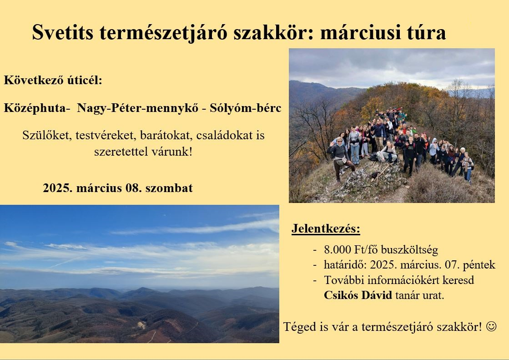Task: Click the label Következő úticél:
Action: pyautogui.click(x=53, y=80)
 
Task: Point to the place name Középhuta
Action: pyautogui.click(x=35, y=108)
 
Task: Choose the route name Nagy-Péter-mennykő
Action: pyautogui.click(x=138, y=108)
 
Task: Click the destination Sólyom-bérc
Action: pyautogui.click(x=246, y=108)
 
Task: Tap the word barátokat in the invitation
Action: pyautogui.click(x=164, y=135)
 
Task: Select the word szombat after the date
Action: pyautogui.click(x=169, y=188)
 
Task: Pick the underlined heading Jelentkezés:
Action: pyautogui.click(x=326, y=228)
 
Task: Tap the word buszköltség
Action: pyautogui.click(x=409, y=250)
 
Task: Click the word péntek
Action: pyautogui.click(x=479, y=265)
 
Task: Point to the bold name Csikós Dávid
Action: pyautogui.click(x=358, y=295)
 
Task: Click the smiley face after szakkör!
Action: pyautogui.click(x=491, y=326)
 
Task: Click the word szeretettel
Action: pyautogui.click(x=121, y=152)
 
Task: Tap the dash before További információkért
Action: pyautogui.click(x=315, y=280)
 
